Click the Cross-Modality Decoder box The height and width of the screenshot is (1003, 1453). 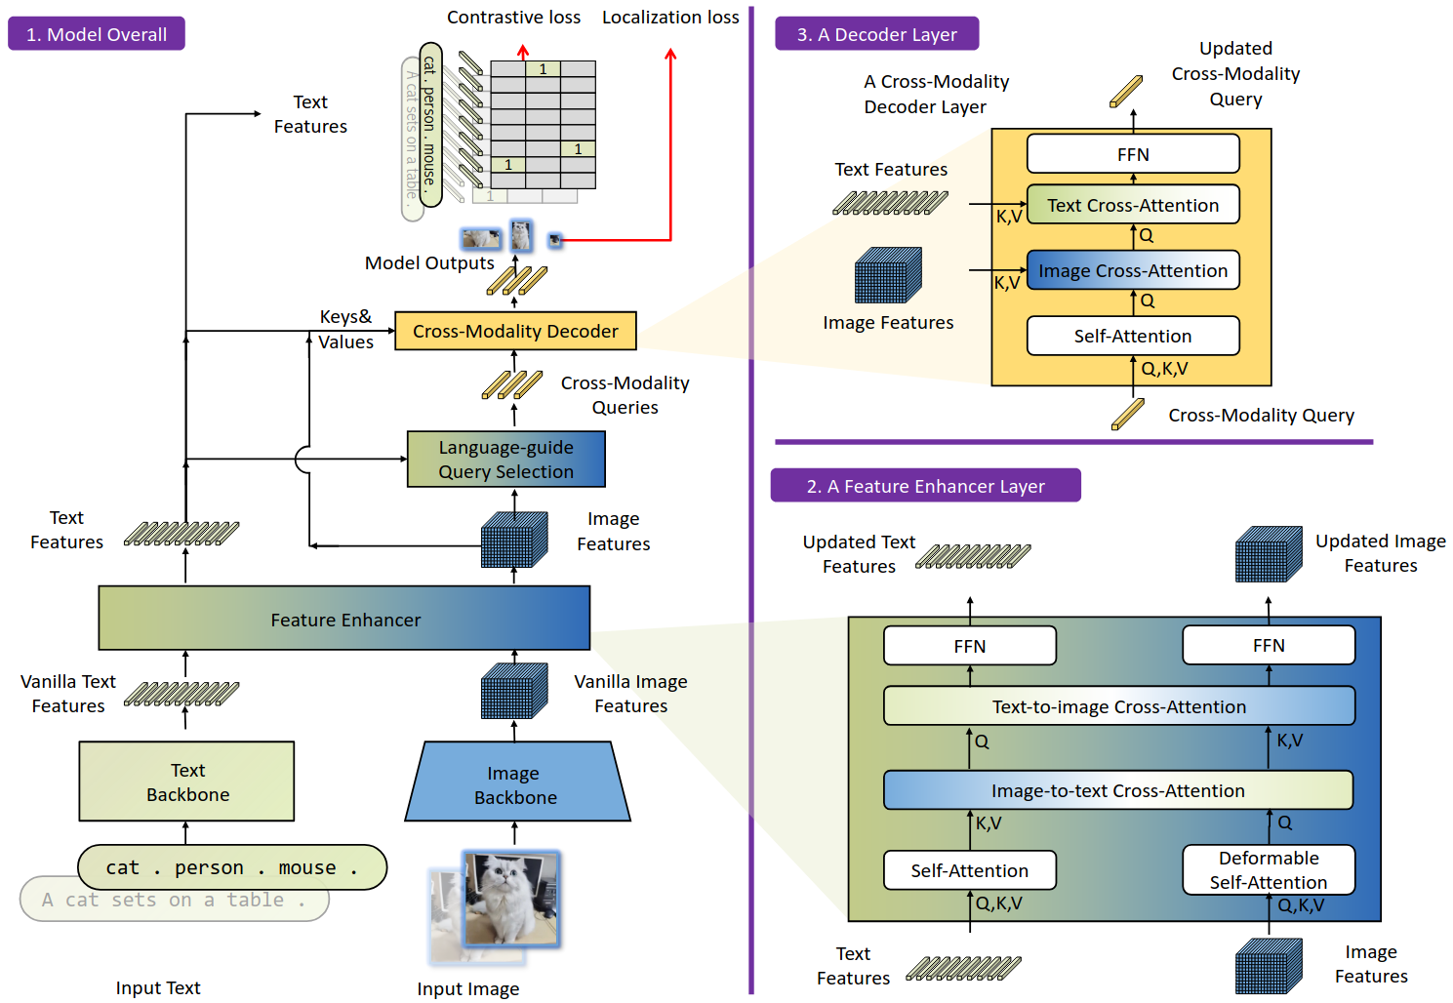tap(515, 331)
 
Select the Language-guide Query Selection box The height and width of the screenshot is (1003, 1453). tap(505, 460)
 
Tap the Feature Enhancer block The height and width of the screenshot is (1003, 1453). tap(344, 619)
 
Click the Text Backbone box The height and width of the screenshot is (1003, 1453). tap(186, 782)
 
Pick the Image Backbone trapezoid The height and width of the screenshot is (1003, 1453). tap(517, 782)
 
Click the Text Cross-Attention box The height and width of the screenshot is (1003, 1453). tap(1133, 204)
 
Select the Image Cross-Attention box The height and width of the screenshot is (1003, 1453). tap(1133, 270)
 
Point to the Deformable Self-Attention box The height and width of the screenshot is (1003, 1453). tap(1269, 869)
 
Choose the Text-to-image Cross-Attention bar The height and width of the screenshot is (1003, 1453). tap(1119, 705)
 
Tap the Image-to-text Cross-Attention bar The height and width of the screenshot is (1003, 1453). tap(1118, 790)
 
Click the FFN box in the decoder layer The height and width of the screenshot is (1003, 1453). tap(1133, 154)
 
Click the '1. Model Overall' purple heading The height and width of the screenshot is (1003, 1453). tap(97, 34)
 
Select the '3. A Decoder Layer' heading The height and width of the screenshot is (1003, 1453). tap(877, 34)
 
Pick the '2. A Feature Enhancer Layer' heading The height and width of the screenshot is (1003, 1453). tap(926, 485)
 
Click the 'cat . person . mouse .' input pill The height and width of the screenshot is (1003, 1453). tap(232, 867)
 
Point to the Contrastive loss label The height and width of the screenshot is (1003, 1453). tap(513, 18)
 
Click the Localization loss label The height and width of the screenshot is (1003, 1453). tap(670, 18)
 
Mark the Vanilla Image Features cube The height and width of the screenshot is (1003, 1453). tap(514, 690)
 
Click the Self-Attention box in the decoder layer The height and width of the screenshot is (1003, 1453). tap(1133, 336)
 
